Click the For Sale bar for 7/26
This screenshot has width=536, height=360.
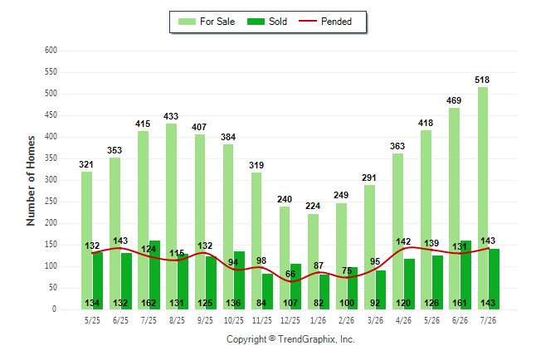coord(483,198)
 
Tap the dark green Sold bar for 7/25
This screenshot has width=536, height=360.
coord(154,275)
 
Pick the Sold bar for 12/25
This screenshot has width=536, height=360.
coord(295,287)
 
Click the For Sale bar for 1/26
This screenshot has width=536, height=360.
coord(313,262)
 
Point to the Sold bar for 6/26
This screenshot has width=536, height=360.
coord(465,275)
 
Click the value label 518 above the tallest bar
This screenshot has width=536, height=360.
coord(482,80)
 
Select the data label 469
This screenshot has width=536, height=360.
coord(454,100)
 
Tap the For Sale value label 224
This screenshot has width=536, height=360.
coord(313,206)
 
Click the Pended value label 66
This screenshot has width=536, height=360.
coord(290,274)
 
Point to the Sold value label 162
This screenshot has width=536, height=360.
coord(149,303)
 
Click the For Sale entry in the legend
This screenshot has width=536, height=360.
coord(207,22)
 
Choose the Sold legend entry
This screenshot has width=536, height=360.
coord(267,22)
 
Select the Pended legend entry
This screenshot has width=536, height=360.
coord(325,22)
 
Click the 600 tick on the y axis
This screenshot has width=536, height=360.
coord(51,51)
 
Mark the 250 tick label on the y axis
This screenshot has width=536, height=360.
coord(51,202)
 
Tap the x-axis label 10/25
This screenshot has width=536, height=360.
coord(234,320)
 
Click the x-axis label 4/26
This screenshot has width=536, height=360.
coord(403,320)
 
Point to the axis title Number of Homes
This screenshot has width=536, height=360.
coord(31,181)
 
